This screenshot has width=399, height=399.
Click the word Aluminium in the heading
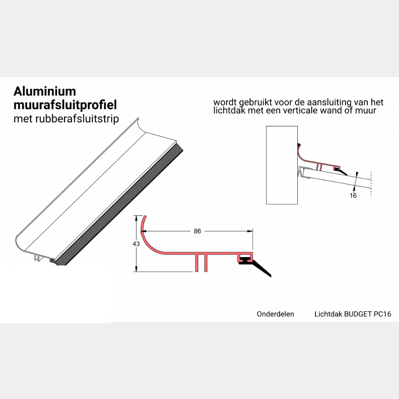coord(45,92)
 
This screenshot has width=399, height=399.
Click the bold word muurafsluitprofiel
coord(65,105)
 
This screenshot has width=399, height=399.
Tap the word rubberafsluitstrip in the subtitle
coord(77,119)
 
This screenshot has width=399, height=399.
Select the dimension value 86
coord(197,231)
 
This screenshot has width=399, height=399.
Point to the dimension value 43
coord(136,244)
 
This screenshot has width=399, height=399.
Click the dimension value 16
coord(353,195)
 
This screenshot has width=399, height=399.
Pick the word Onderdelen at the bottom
coord(276,314)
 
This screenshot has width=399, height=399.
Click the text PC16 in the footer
coord(382,314)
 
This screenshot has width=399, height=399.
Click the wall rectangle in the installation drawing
coord(282,165)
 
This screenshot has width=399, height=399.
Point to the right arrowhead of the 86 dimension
coord(250,231)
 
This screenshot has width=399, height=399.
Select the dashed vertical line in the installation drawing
coord(371,184)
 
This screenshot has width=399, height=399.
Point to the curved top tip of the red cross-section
coord(145,217)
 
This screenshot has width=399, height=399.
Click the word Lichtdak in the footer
coord(328,314)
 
